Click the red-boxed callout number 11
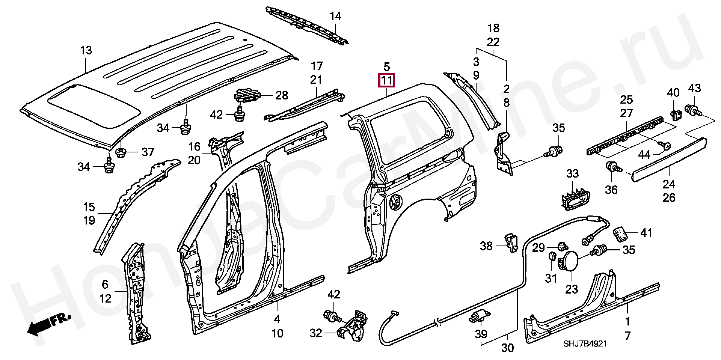(x=387, y=80)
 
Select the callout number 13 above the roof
(x=86, y=50)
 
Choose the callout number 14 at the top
(x=335, y=16)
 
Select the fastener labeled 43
(x=693, y=111)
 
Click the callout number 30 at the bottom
(x=507, y=348)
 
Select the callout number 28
(x=282, y=95)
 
